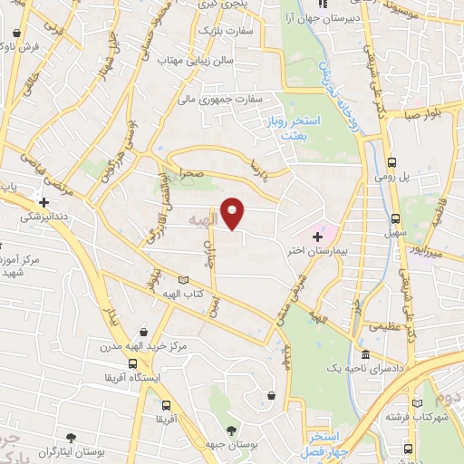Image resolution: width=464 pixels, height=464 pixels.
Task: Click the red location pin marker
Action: click(233, 213)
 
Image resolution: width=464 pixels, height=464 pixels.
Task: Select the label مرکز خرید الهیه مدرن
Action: click(144, 346)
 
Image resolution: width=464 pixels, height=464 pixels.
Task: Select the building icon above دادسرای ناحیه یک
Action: click(364, 354)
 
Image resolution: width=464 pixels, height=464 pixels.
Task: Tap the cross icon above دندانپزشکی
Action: click(43, 201)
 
